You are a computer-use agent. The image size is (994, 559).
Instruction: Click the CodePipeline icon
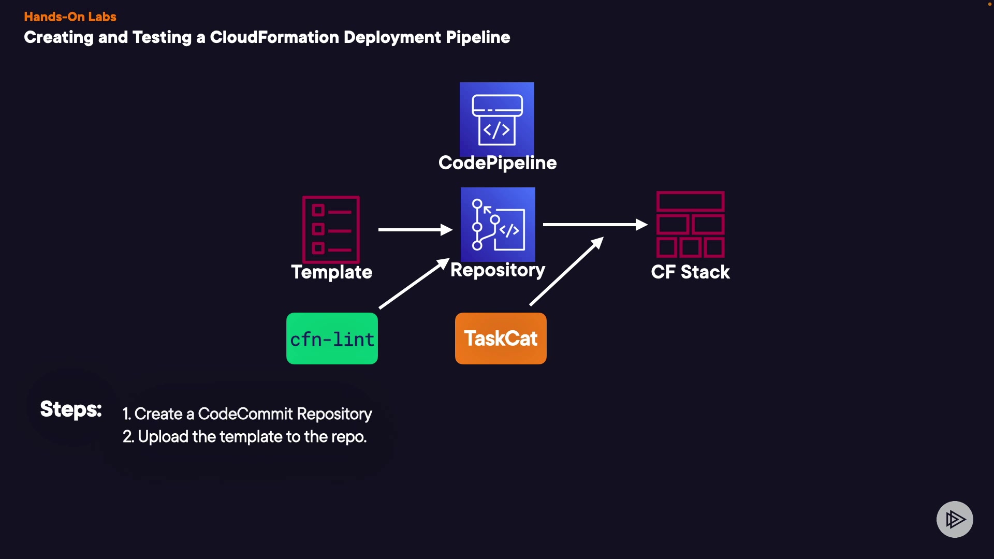(x=497, y=119)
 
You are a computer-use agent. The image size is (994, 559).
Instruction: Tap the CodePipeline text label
(x=498, y=163)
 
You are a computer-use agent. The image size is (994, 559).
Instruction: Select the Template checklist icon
(x=331, y=229)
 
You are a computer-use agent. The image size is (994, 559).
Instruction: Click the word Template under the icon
(x=332, y=272)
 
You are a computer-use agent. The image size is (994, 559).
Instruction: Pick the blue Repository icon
(x=498, y=225)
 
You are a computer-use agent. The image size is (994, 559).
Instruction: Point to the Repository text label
(x=498, y=270)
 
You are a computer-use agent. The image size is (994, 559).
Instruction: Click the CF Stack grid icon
(x=691, y=225)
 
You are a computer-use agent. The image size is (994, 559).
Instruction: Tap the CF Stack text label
(x=691, y=272)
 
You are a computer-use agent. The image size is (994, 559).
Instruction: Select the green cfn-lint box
(x=332, y=339)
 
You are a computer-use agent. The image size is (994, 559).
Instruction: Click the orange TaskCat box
(x=501, y=339)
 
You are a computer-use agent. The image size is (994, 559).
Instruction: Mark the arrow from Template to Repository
(x=415, y=229)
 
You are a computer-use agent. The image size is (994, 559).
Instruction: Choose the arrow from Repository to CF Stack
(x=595, y=225)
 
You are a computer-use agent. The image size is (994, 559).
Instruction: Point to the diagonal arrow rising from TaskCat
(x=566, y=271)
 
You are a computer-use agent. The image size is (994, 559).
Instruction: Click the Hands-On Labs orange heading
(x=70, y=17)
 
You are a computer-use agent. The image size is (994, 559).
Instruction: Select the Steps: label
(x=71, y=409)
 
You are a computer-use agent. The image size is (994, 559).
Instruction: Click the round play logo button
(x=955, y=519)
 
